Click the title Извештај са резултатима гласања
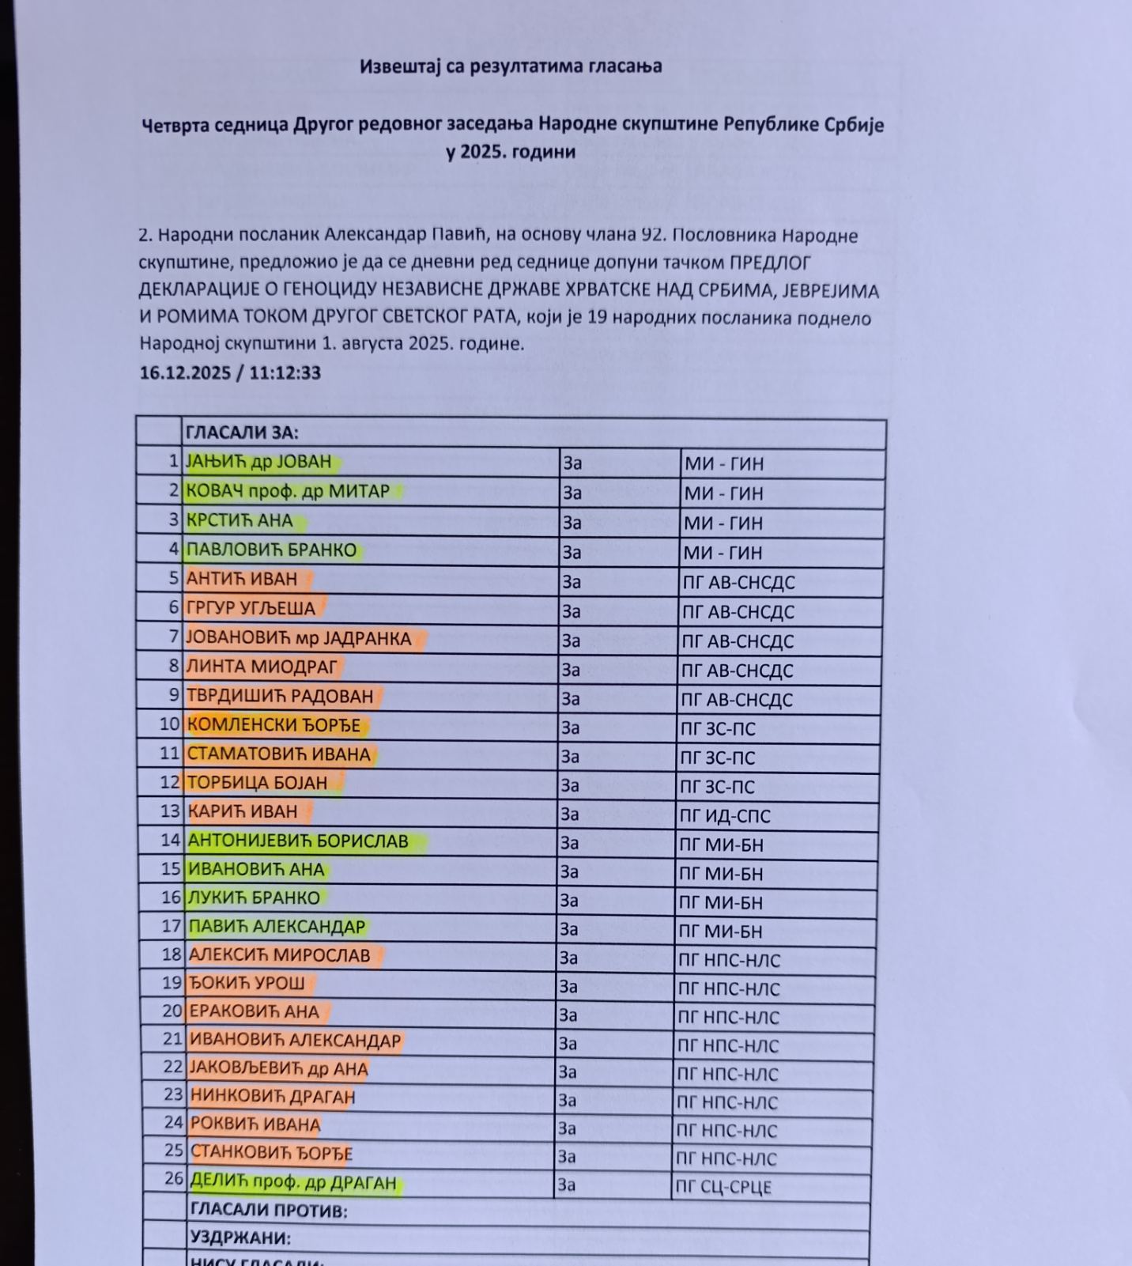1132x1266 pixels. (x=510, y=66)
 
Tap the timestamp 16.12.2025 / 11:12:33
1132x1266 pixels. (x=230, y=373)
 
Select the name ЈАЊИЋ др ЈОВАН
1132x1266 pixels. (x=258, y=462)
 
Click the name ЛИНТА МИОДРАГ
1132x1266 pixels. (x=262, y=667)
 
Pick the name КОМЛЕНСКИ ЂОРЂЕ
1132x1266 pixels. (x=274, y=725)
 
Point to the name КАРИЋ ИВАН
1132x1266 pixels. (x=243, y=811)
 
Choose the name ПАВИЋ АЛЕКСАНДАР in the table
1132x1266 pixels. (x=277, y=926)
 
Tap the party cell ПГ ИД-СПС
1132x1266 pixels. (x=724, y=816)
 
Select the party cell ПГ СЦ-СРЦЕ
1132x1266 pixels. (x=723, y=1187)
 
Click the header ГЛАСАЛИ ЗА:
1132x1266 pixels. (x=242, y=433)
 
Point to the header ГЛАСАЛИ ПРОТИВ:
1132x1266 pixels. (x=269, y=1211)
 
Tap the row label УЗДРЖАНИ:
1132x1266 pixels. (x=240, y=1238)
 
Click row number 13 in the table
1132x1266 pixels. (x=171, y=811)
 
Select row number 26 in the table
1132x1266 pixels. (x=174, y=1178)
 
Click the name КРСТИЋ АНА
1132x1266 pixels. (x=240, y=520)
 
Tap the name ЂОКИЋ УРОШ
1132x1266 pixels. (x=247, y=983)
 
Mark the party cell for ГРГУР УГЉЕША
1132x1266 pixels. (x=738, y=612)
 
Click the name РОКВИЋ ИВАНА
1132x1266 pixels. (x=255, y=1124)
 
